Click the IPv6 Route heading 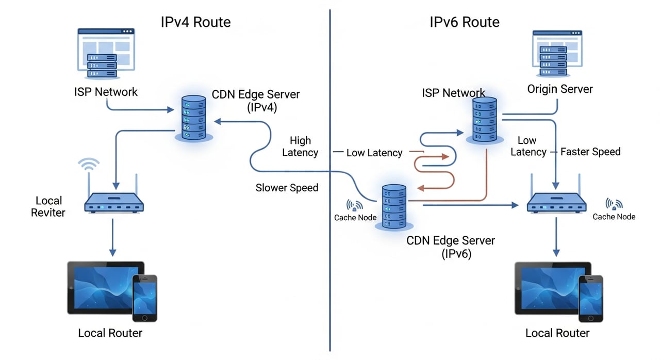[464, 22]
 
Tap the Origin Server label [559, 89]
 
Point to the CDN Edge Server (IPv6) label [450, 247]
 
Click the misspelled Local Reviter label [48, 206]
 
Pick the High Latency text [301, 146]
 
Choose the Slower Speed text [287, 188]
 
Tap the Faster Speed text [590, 152]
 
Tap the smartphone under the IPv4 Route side [144, 298]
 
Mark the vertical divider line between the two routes [329, 181]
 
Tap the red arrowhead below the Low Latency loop [419, 188]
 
